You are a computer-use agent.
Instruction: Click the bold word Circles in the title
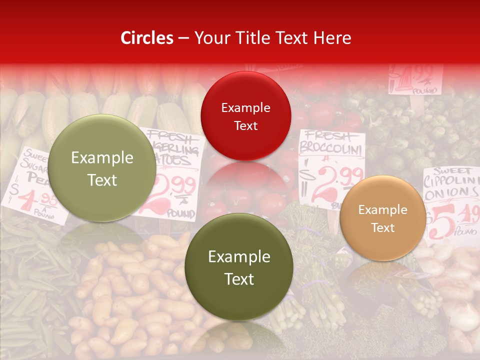click(x=146, y=38)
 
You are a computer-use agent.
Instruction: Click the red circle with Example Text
click(x=245, y=116)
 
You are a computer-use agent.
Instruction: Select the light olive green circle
click(x=102, y=168)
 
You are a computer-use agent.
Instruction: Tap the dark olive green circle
click(x=239, y=267)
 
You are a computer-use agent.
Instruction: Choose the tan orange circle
click(x=382, y=218)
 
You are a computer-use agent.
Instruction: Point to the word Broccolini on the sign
click(x=330, y=148)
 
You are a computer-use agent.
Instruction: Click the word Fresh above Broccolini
click(x=325, y=135)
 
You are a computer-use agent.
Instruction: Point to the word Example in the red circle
click(x=245, y=107)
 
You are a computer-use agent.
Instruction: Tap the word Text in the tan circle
click(x=383, y=227)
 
